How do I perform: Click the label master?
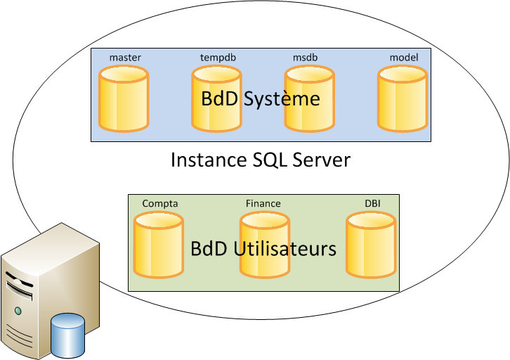(125, 57)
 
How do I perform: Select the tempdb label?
(217, 57)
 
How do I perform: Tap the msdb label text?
(306, 57)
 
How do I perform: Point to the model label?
(404, 57)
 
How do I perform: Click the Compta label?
(160, 204)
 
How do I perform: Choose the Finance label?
(263, 204)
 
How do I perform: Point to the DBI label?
(373, 204)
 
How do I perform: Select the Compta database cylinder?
(159, 245)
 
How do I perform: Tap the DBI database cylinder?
(371, 245)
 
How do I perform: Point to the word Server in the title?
(320, 160)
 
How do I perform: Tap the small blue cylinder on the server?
(68, 336)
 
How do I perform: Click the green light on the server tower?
(18, 310)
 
